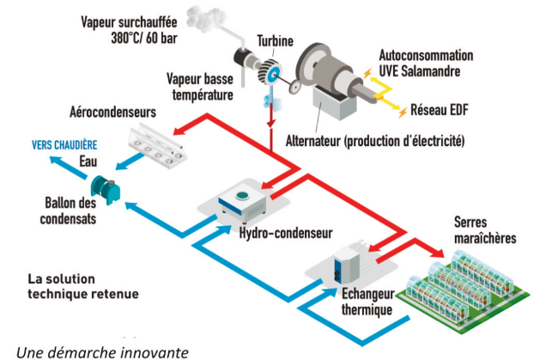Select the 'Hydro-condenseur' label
point(274,233)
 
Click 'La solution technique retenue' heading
point(82,287)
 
